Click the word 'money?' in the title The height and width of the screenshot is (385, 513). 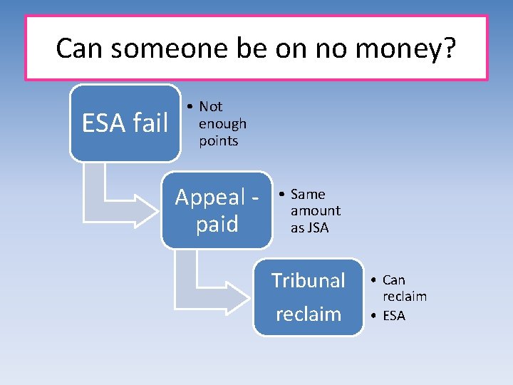tap(413, 48)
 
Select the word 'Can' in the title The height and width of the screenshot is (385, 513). tap(80, 48)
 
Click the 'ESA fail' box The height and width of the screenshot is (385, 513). tap(125, 123)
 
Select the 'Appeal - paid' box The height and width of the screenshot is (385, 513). tap(217, 210)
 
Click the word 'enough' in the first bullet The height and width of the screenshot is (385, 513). tap(222, 123)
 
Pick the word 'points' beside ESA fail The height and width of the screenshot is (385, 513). tap(218, 140)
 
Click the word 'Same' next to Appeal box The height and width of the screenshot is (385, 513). tap(308, 194)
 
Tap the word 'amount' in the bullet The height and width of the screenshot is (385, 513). tap(315, 211)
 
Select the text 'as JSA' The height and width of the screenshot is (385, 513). tap(309, 228)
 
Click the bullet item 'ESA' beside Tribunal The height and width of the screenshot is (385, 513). tap(394, 315)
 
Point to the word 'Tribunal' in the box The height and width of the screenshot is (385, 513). tap(308, 281)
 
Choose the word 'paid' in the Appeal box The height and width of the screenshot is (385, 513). tap(217, 225)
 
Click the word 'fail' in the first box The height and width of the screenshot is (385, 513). tap(150, 123)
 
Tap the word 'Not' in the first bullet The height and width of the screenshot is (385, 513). tap(211, 106)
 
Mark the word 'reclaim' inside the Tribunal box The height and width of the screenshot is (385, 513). tap(308, 314)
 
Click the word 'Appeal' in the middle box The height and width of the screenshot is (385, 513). tap(206, 197)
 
